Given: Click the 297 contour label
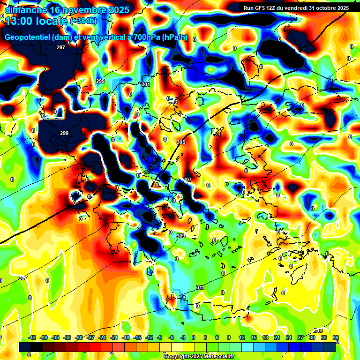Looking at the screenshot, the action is pos(61,48).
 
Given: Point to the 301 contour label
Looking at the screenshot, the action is pos(145,84).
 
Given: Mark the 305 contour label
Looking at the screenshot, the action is pos(181,142).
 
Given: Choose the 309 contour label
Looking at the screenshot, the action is pos(181,236).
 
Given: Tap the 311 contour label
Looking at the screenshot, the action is pos(200,287).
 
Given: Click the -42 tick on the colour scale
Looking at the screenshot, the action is pos(32,337).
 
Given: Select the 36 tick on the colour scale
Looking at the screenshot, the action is pos(335,337).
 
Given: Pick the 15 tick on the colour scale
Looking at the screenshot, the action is pos(254,337).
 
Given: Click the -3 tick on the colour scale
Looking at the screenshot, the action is pos(184,337).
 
